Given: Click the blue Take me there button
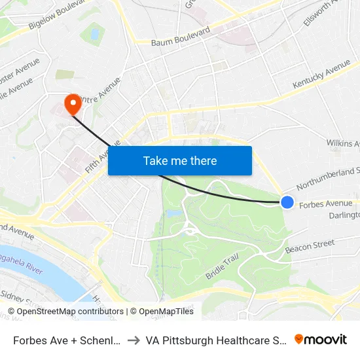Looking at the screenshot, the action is click(x=180, y=160).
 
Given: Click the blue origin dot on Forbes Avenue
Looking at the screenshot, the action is click(x=287, y=202).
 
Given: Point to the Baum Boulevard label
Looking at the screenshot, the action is click(x=181, y=37).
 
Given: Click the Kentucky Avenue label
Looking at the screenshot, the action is click(x=321, y=75).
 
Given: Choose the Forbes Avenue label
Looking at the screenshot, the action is click(x=325, y=204).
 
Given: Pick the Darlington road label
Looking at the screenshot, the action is click(x=344, y=215).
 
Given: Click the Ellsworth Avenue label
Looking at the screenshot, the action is click(x=319, y=13).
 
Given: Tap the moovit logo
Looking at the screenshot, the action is click(x=320, y=340).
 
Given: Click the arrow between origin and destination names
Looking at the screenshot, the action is click(x=133, y=340).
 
